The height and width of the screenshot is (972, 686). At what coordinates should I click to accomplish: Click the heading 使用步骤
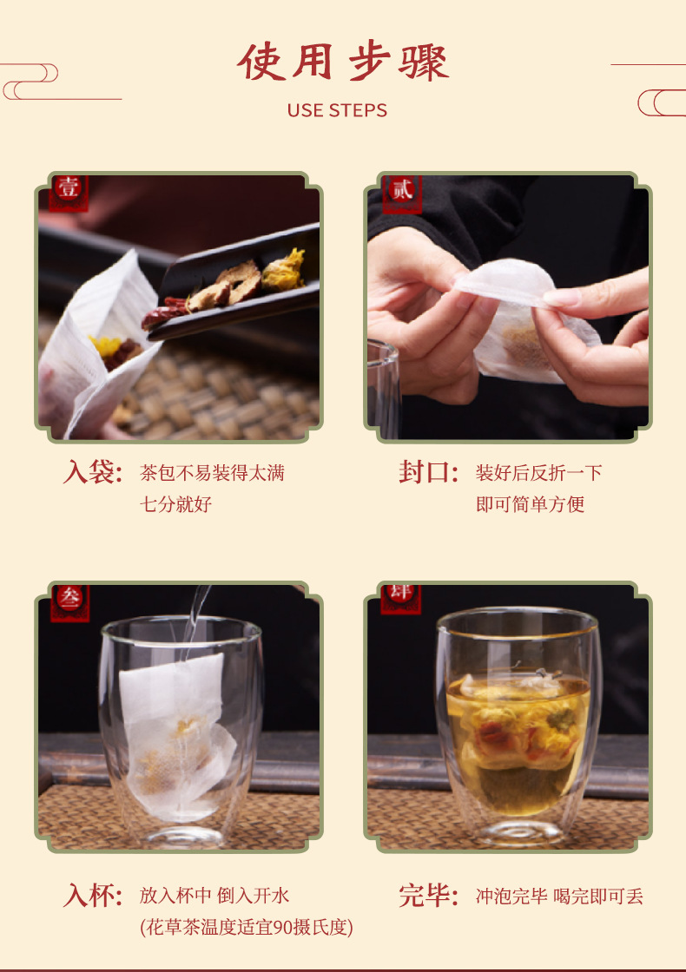tap(343, 62)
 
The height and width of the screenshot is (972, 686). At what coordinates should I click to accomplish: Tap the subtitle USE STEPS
tap(337, 110)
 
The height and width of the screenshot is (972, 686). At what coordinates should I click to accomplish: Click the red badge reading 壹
tap(69, 191)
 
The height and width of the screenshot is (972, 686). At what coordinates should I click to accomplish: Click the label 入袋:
tap(92, 472)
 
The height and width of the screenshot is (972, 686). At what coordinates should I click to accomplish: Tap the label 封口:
tap(429, 472)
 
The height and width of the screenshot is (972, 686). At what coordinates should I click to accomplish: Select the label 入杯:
tap(92, 896)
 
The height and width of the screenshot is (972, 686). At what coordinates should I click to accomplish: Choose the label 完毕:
tap(429, 896)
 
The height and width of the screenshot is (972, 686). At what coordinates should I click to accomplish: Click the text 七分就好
tap(176, 504)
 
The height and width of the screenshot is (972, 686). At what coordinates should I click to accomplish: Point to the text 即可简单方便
tap(531, 504)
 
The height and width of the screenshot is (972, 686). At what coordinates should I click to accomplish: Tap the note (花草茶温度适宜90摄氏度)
tap(247, 928)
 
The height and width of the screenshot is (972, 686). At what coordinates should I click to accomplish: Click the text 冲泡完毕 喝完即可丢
tap(559, 896)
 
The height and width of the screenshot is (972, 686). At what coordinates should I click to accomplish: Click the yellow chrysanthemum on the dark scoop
tap(283, 271)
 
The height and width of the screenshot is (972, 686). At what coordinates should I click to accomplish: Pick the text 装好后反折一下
tap(539, 473)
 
